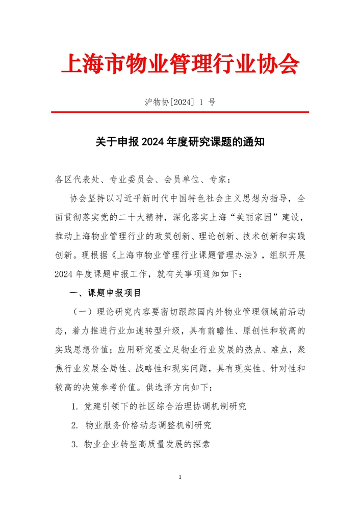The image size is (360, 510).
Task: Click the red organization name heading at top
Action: click(179, 64)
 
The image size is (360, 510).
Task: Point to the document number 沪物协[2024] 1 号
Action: click(180, 101)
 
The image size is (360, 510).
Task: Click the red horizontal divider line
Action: click(180, 112)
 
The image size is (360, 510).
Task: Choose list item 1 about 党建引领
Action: click(159, 406)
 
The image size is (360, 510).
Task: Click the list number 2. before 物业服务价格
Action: click(74, 425)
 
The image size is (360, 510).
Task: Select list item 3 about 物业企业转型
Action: click(140, 443)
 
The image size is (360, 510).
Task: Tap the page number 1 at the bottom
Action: click(181, 477)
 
